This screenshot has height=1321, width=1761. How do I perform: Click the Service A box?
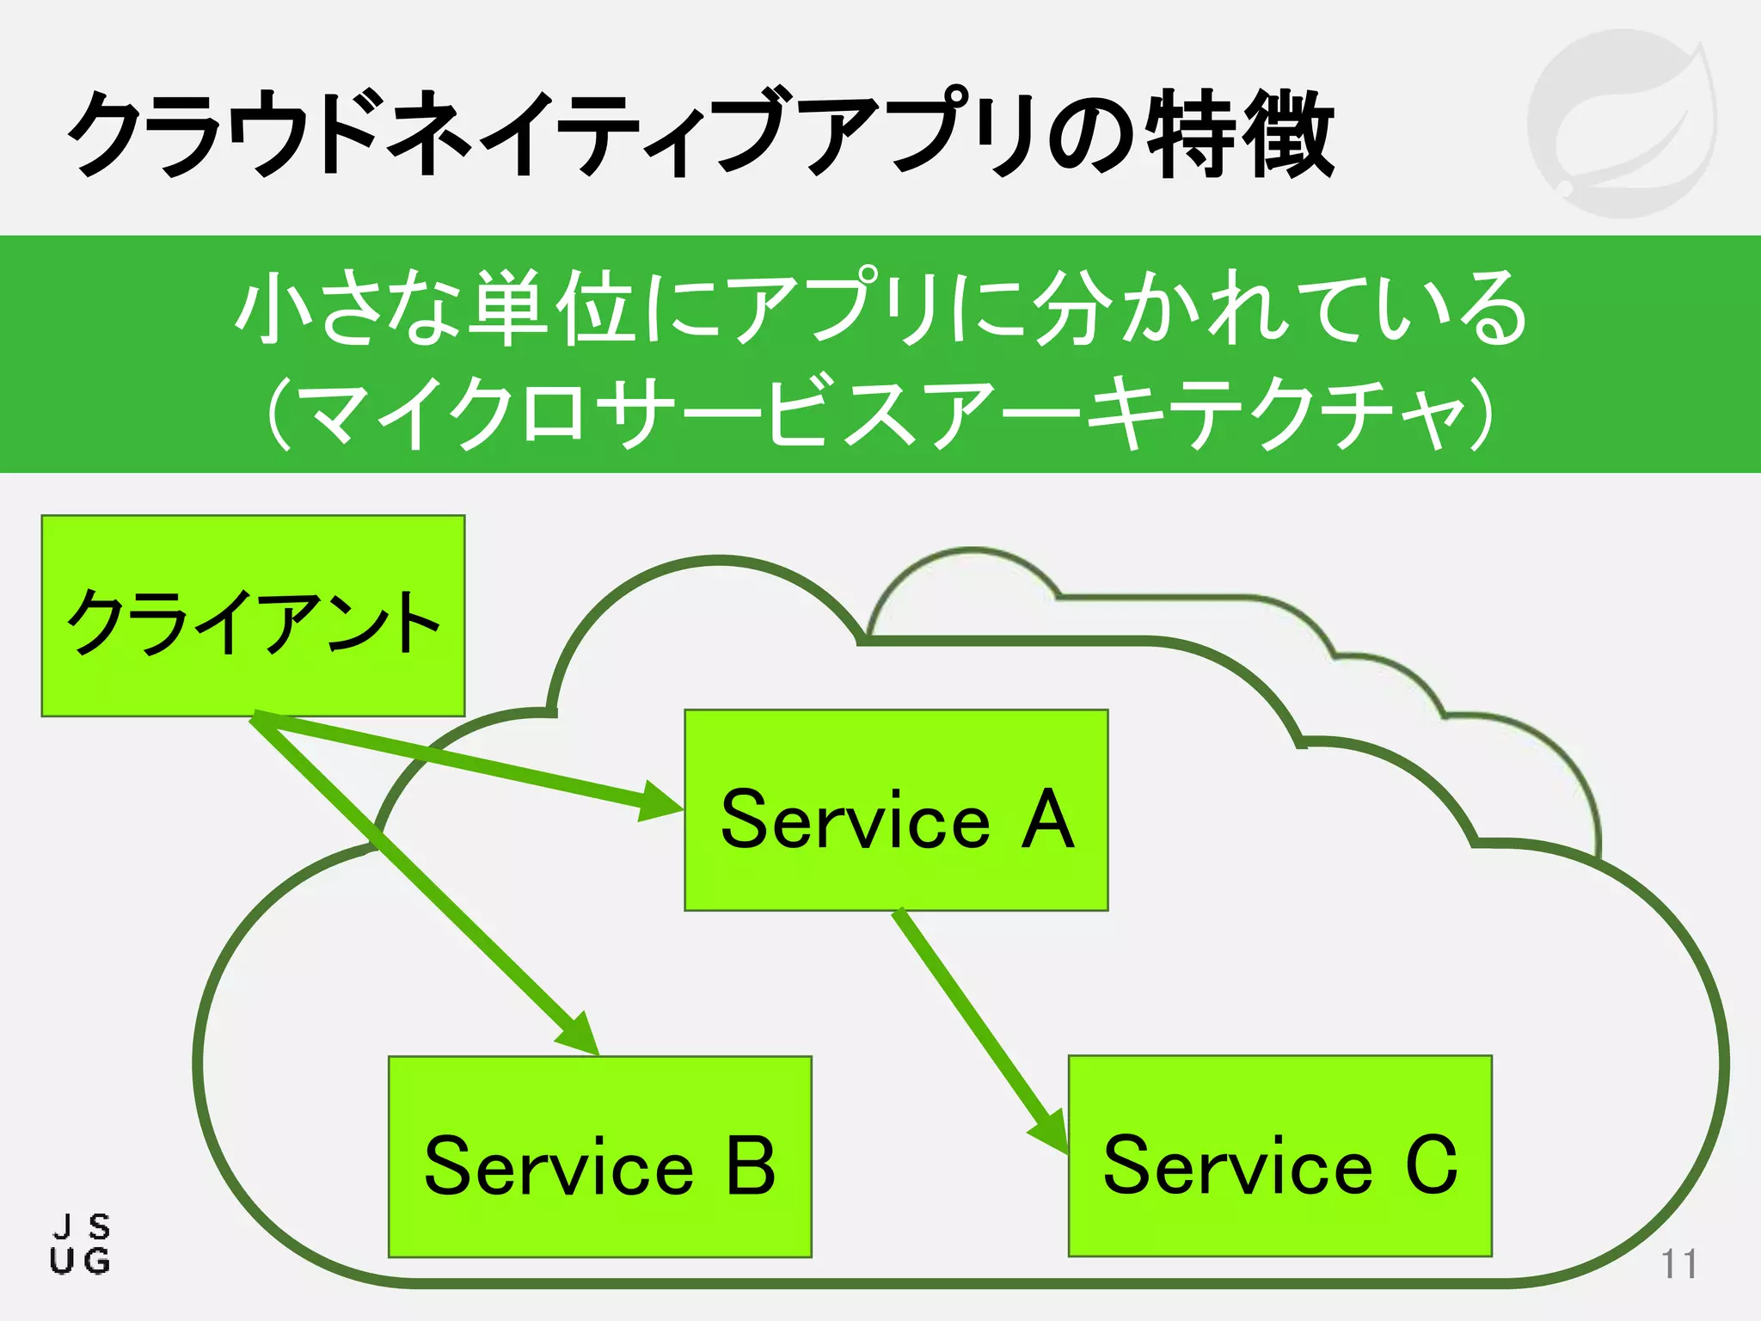(x=896, y=810)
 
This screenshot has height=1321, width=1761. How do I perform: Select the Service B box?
(x=600, y=1157)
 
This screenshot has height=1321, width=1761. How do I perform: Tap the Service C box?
(x=1279, y=1156)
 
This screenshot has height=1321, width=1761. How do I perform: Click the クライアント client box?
(x=253, y=616)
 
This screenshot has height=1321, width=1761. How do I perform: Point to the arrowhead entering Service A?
(x=661, y=802)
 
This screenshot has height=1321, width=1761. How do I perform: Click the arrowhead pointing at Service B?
(x=580, y=1035)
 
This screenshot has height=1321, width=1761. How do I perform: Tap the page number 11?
(x=1678, y=1264)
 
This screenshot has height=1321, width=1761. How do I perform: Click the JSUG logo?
(x=80, y=1244)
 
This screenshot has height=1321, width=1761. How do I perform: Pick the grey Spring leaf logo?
(x=1622, y=123)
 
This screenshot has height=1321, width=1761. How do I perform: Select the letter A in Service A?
(x=1047, y=820)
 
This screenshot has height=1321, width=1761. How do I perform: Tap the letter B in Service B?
(x=751, y=1167)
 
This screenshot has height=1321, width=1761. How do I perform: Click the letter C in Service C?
(x=1432, y=1165)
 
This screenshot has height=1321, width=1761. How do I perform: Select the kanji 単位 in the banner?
(x=553, y=307)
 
